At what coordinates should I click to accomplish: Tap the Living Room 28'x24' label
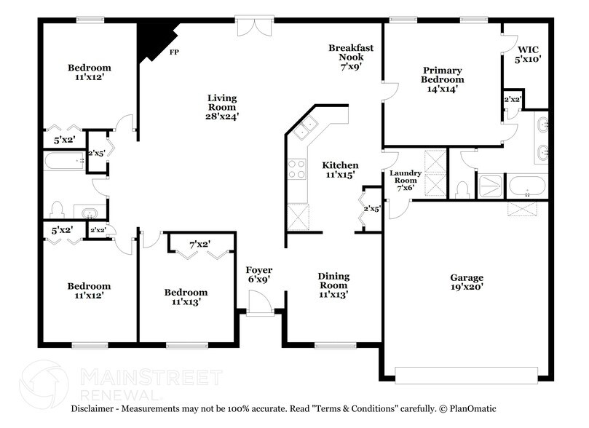223,106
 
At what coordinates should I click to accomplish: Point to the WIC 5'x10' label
529,55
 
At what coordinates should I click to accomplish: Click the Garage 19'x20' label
466,282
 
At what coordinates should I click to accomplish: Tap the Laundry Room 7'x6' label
406,179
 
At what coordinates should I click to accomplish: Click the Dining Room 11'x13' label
333,285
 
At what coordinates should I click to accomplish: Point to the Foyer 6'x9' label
259,275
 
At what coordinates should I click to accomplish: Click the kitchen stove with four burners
298,170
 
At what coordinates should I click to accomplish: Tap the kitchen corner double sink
305,127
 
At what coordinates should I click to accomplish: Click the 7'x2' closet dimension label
199,245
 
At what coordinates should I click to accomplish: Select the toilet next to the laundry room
460,189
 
